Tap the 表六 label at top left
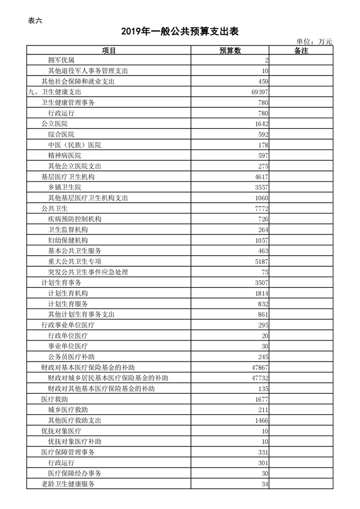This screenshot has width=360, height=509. (x=35, y=21)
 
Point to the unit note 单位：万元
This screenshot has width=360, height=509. (x=314, y=41)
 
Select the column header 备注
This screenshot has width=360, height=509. (x=301, y=51)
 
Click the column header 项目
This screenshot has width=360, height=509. (x=109, y=51)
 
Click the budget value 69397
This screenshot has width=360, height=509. (x=259, y=92)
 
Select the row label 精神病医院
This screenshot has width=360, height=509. (x=64, y=155)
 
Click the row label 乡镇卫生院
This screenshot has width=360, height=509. (x=64, y=187)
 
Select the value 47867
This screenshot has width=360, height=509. (x=259, y=367)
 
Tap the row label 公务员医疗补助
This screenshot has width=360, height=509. (x=71, y=356)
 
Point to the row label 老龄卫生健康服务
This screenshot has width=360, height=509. (x=68, y=484)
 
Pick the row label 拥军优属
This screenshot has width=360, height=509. (x=61, y=60)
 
